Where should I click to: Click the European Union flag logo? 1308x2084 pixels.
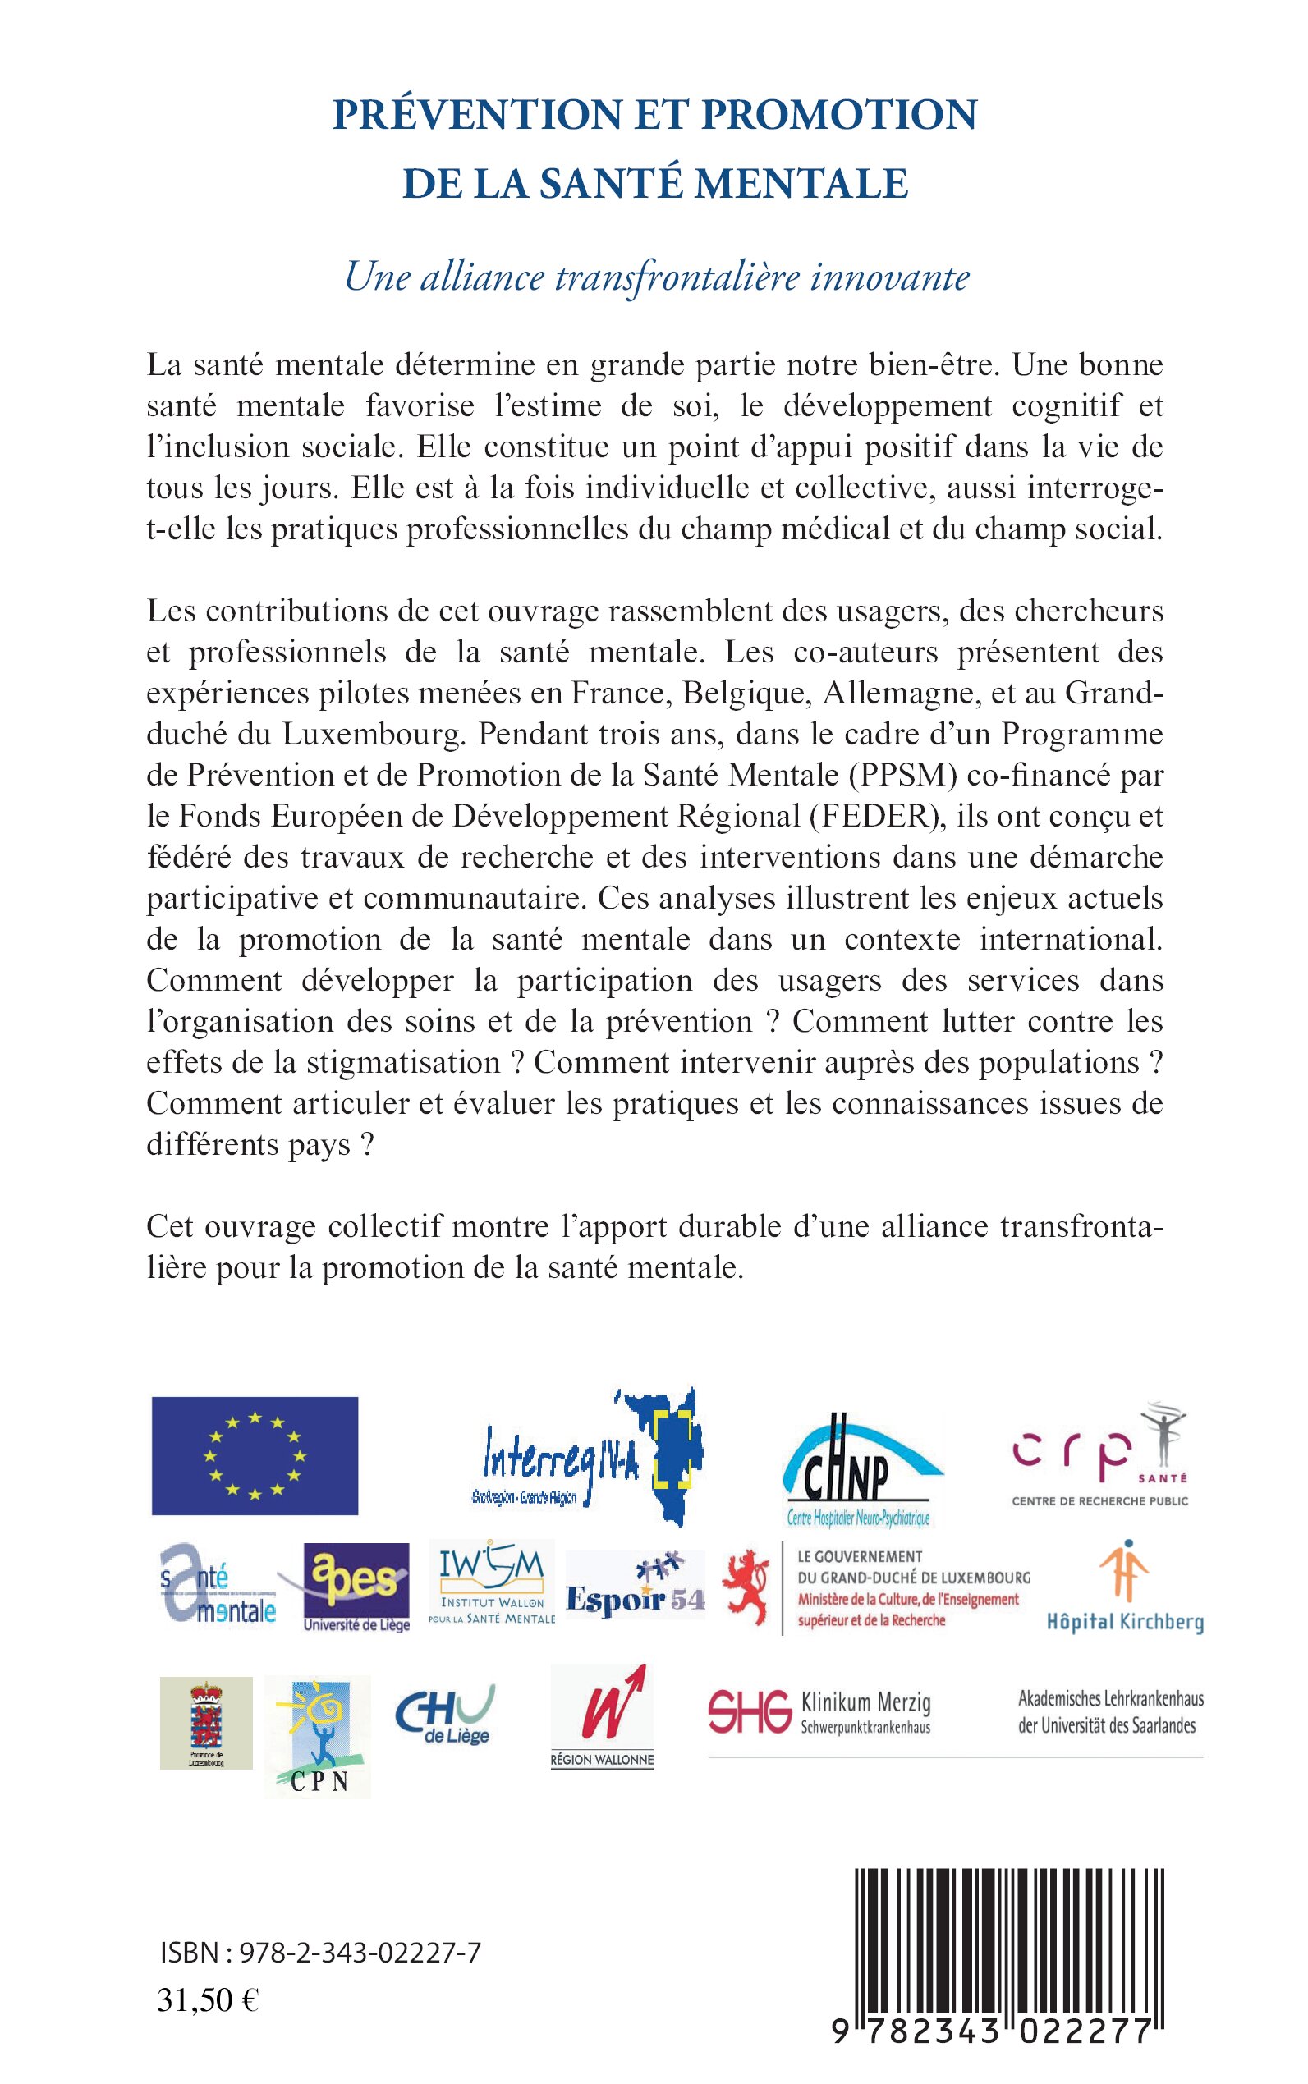255,1456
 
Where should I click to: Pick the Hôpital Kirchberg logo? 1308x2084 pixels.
1125,1587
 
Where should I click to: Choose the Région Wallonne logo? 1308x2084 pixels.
602,1717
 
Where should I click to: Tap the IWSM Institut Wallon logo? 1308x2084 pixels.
491,1583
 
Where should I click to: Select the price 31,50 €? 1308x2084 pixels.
209,2000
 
